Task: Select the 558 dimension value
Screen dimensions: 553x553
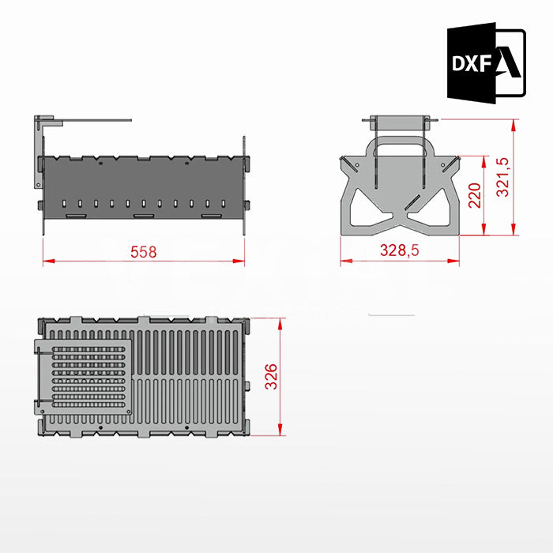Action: tap(143, 252)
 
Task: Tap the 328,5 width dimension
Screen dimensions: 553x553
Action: tap(399, 251)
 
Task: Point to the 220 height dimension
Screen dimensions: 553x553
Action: tap(474, 195)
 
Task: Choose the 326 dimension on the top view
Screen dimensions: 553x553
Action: tap(271, 378)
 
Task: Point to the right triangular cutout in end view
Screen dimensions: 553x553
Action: tap(432, 204)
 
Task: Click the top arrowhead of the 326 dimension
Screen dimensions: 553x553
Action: tap(280, 322)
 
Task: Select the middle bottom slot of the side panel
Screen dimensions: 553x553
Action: tap(143, 215)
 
